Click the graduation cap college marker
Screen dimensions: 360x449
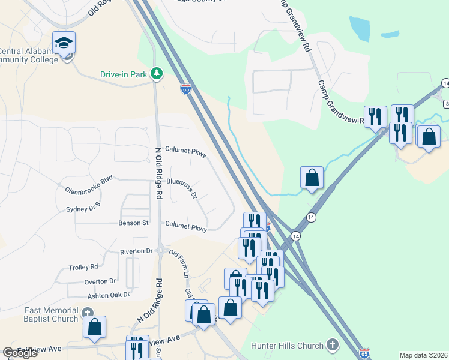(x=64, y=43)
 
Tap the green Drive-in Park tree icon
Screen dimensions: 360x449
(x=157, y=74)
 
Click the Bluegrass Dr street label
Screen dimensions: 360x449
(x=182, y=187)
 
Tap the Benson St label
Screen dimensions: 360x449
(x=136, y=223)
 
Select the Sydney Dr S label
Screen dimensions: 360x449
(x=83, y=208)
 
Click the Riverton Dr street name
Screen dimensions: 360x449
(x=136, y=251)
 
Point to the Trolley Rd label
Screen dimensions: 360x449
(x=83, y=266)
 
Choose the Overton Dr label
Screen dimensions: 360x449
(x=100, y=281)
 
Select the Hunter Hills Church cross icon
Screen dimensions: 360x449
(x=333, y=344)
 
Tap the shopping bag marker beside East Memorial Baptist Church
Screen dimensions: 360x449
(x=94, y=327)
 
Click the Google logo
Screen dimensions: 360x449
(x=20, y=353)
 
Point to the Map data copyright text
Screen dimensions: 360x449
(x=423, y=355)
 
